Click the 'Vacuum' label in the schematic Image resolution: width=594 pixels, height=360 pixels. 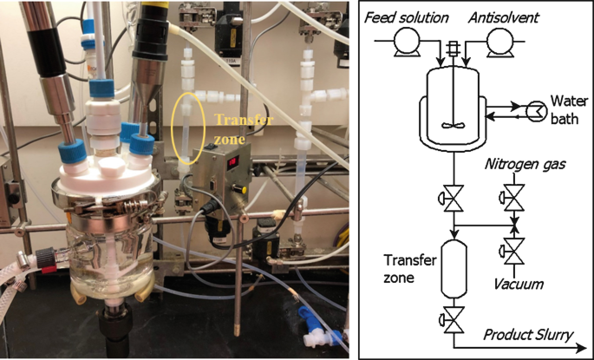coord(518,283)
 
